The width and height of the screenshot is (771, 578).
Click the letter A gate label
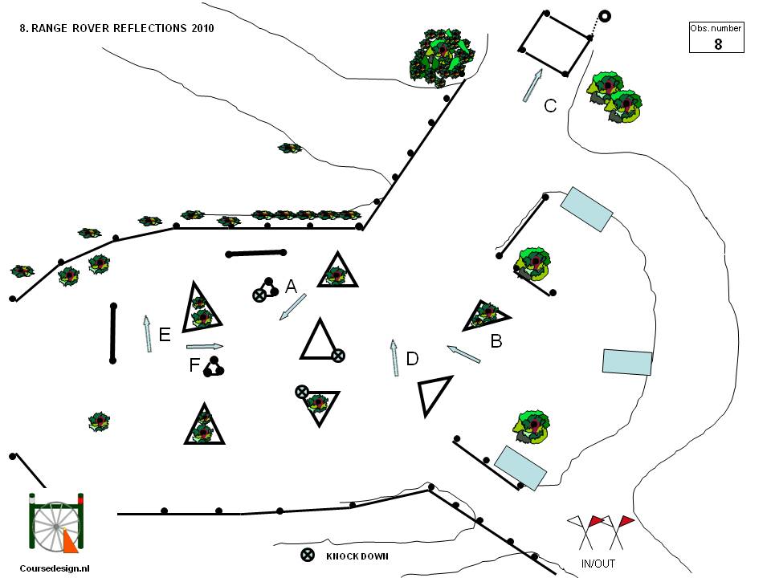[291, 286]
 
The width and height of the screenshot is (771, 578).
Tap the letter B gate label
[496, 341]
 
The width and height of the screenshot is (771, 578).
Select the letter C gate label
[550, 106]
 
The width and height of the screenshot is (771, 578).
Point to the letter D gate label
[412, 359]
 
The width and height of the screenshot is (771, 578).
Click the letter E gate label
[165, 335]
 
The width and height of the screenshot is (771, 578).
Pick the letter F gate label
[194, 365]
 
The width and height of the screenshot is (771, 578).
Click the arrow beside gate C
[532, 86]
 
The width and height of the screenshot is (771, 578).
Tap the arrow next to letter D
[394, 358]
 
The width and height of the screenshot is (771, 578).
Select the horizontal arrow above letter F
[205, 347]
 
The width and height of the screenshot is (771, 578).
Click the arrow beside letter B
[463, 354]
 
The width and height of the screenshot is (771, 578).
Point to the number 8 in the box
[718, 44]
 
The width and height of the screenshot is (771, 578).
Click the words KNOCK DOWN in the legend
[357, 556]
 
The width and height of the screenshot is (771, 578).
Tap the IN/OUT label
[598, 564]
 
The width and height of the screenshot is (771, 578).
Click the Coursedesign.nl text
[55, 568]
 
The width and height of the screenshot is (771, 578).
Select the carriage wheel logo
[56, 523]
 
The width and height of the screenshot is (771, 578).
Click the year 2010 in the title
[202, 28]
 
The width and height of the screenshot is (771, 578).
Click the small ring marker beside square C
[605, 16]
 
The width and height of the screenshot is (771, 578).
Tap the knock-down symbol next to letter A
[259, 295]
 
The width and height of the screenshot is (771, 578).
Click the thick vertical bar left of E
[113, 333]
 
